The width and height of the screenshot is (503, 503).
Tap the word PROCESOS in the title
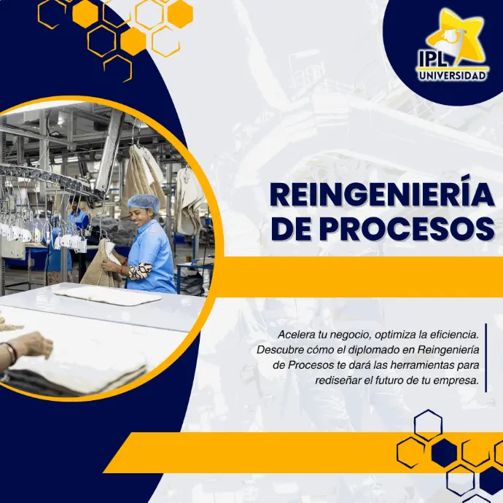click(x=407, y=230)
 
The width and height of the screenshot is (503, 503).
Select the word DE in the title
click(x=292, y=230)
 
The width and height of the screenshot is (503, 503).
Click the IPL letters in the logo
click(x=432, y=58)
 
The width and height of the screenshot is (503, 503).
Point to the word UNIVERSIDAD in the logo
click(x=452, y=76)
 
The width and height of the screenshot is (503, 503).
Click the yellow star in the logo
click(x=455, y=36)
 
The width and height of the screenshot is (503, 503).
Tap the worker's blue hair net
click(x=143, y=203)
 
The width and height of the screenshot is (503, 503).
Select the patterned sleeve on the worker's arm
click(x=139, y=271)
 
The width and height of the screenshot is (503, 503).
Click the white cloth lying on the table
click(x=108, y=295)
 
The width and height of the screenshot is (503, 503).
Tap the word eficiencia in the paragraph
click(x=456, y=335)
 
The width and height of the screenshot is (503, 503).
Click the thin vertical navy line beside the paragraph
click(x=486, y=358)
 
